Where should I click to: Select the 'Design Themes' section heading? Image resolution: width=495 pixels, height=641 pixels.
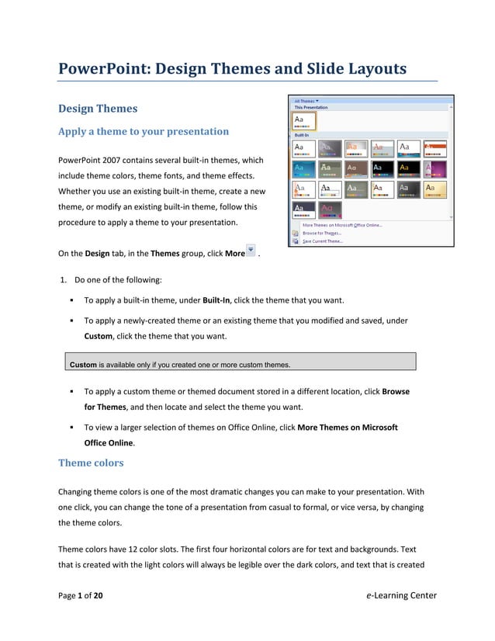click(98, 109)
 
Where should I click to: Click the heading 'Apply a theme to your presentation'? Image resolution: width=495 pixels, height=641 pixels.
click(144, 131)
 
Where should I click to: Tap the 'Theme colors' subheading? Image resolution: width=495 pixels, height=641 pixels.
click(91, 463)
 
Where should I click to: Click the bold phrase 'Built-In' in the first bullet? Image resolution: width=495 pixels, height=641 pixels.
click(217, 300)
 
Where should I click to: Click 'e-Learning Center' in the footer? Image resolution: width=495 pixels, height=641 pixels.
click(400, 596)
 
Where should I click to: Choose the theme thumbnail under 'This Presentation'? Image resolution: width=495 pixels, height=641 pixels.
click(304, 120)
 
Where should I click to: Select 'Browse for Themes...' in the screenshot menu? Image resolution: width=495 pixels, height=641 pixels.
click(322, 233)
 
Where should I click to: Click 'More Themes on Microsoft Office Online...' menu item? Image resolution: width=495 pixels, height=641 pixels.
click(341, 225)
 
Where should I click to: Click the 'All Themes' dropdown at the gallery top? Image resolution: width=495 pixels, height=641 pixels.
click(306, 100)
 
